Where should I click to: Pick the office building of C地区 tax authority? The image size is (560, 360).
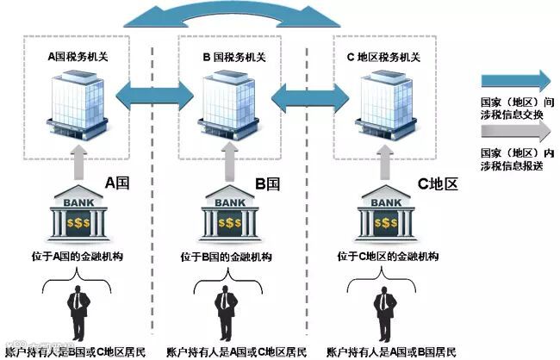coord(379,103)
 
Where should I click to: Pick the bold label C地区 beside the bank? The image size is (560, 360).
coord(435,183)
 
